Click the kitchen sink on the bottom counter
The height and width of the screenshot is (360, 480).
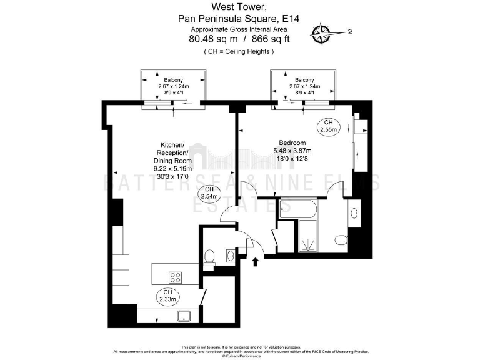pyautogui.click(x=184, y=316)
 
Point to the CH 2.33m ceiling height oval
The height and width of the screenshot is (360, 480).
pyautogui.click(x=167, y=296)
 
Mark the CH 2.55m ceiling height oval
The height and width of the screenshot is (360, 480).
pyautogui.click(x=328, y=126)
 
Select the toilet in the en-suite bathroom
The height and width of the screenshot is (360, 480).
pyautogui.click(x=341, y=239)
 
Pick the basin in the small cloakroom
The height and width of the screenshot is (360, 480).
pyautogui.click(x=230, y=255)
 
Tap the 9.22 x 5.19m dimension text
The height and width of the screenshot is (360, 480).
pyautogui.click(x=173, y=168)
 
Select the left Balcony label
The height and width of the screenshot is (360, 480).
pyautogui.click(x=173, y=80)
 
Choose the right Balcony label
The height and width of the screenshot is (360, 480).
pyautogui.click(x=304, y=80)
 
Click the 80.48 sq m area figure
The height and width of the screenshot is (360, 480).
pyautogui.click(x=211, y=39)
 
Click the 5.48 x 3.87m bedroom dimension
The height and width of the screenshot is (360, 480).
pyautogui.click(x=292, y=150)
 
